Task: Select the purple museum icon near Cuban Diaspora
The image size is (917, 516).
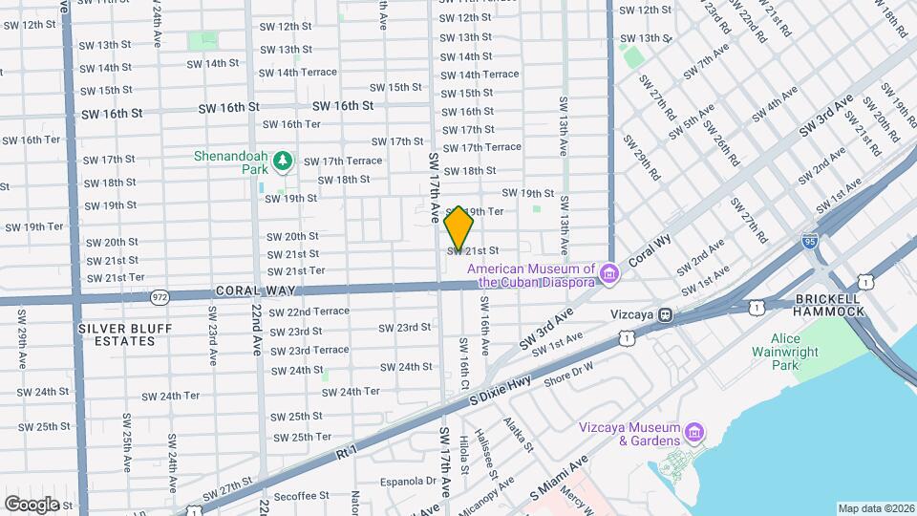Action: (x=608, y=275)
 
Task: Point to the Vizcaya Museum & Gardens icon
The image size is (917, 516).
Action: (x=694, y=435)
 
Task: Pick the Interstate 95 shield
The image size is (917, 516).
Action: (x=810, y=243)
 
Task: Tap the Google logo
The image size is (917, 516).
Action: (x=32, y=504)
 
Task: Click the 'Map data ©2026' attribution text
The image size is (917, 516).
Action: (x=876, y=508)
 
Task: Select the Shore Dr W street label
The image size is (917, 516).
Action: (x=568, y=373)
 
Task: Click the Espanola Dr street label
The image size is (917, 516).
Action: (x=407, y=481)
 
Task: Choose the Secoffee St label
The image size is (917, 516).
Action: (x=301, y=496)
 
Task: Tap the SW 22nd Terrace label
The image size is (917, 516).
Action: (x=309, y=312)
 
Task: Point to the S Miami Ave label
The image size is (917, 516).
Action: (x=560, y=476)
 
